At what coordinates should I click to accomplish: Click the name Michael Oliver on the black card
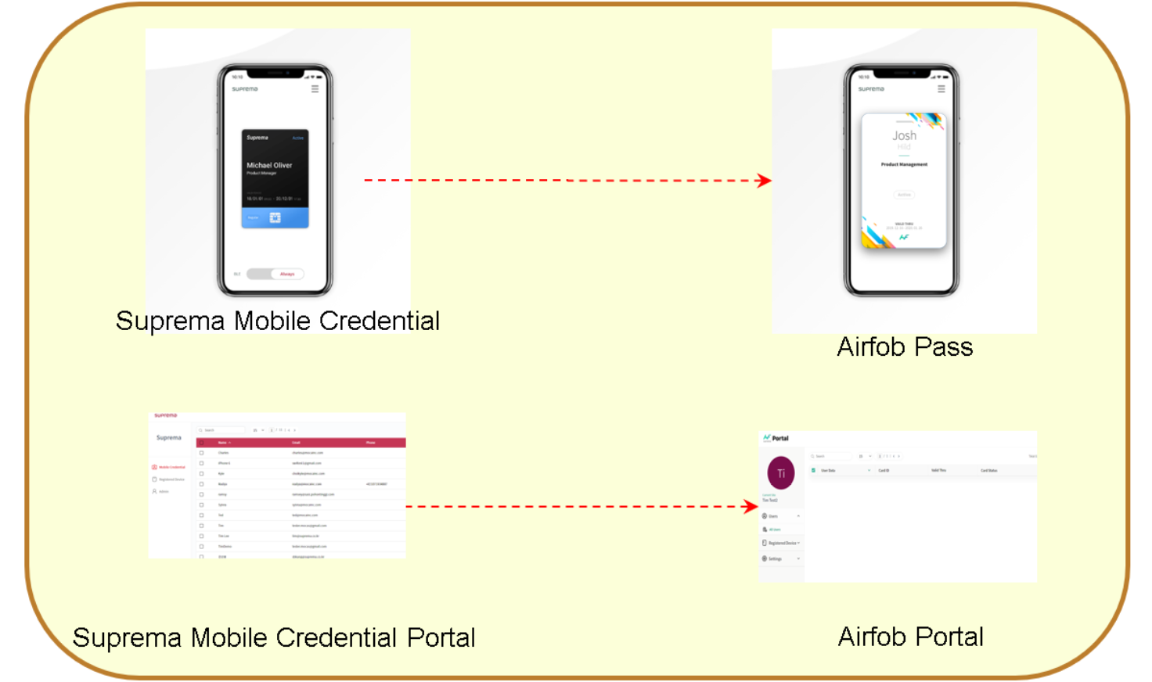click(269, 165)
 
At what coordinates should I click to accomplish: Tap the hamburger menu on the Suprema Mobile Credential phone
click(315, 89)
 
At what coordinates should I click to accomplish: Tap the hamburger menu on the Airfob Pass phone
click(941, 89)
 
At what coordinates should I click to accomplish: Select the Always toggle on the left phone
click(287, 274)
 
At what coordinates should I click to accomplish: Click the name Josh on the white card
click(904, 135)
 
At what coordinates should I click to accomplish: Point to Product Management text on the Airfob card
click(904, 164)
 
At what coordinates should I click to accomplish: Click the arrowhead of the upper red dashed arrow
click(765, 181)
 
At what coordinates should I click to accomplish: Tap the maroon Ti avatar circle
click(781, 473)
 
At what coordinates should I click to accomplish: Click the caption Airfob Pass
click(905, 346)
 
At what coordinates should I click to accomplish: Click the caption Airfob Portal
click(910, 637)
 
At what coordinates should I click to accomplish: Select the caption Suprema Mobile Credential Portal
click(274, 637)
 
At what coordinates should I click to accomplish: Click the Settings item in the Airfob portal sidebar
click(775, 558)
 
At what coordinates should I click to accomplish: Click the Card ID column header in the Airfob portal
click(884, 471)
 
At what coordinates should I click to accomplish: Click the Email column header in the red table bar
click(296, 443)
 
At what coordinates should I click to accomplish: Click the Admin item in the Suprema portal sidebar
click(163, 492)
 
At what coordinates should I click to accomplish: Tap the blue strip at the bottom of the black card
click(275, 217)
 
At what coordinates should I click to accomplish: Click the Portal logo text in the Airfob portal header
click(779, 438)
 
